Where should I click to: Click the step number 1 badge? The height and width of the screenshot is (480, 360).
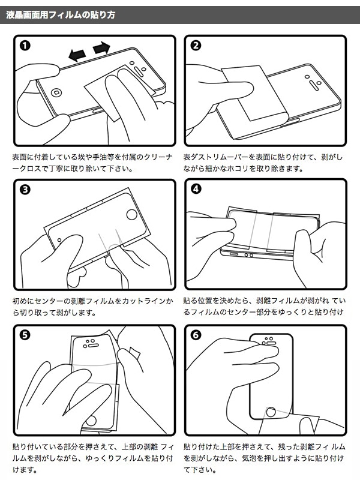25,46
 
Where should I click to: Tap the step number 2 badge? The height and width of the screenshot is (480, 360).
196,46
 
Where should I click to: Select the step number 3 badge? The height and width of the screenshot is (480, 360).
25,190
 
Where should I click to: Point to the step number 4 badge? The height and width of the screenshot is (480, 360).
196,189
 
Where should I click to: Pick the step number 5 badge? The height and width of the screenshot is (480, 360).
25,335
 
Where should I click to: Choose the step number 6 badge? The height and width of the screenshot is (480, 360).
196,335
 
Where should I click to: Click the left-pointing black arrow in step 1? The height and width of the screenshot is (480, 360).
77,55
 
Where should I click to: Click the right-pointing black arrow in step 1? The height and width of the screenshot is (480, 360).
101,48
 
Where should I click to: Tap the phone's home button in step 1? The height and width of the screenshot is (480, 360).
56,92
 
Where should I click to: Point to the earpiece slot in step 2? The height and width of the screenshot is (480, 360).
313,83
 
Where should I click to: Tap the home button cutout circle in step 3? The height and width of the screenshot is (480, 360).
132,214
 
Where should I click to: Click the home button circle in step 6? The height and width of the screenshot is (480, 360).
271,412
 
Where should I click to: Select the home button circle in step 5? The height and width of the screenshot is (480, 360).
91,421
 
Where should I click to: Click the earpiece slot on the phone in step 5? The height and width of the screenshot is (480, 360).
91,346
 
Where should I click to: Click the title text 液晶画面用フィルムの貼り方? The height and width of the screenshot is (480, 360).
61,14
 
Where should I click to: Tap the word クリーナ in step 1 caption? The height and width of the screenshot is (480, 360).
158,157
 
